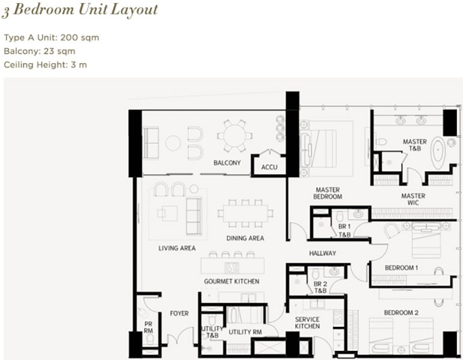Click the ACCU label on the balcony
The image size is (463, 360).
click(269, 167)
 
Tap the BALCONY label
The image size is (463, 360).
click(227, 163)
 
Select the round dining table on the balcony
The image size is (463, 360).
click(235, 136)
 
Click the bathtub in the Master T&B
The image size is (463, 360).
click(438, 153)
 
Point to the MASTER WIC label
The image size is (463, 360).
click(413, 199)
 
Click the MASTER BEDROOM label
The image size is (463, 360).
click(328, 194)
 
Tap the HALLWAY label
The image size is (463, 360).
click(322, 253)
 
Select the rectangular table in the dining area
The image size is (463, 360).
click(245, 213)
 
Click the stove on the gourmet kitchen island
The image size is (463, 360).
click(231, 268)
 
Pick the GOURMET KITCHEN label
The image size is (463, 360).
click(231, 281)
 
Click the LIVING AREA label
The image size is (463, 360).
click(177, 248)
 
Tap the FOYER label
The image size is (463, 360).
click(179, 313)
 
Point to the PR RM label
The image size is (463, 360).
click(149, 328)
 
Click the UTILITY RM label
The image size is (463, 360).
click(245, 332)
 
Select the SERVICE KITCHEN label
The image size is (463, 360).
click(307, 323)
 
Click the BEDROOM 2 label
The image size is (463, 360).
click(401, 313)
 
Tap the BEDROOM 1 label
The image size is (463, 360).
click(401, 268)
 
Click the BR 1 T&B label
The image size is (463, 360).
click(345, 230)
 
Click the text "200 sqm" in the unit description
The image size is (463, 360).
click(80, 38)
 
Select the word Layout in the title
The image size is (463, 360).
click(134, 10)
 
